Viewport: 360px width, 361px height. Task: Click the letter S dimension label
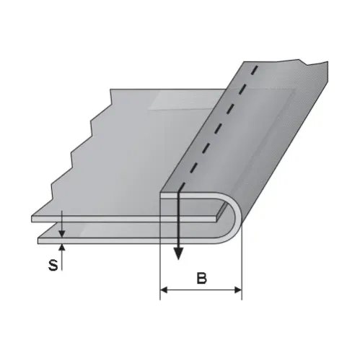click(53, 265)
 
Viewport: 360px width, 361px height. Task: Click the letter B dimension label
click(201, 278)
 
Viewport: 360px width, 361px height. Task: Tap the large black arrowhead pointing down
click(178, 253)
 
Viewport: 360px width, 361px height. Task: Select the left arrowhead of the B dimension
click(164, 290)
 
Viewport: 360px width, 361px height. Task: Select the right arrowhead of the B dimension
click(238, 290)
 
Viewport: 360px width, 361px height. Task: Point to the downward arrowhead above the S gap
click(62, 234)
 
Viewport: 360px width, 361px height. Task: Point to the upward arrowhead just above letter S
click(62, 247)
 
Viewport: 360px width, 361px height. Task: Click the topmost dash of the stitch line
click(255, 69)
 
